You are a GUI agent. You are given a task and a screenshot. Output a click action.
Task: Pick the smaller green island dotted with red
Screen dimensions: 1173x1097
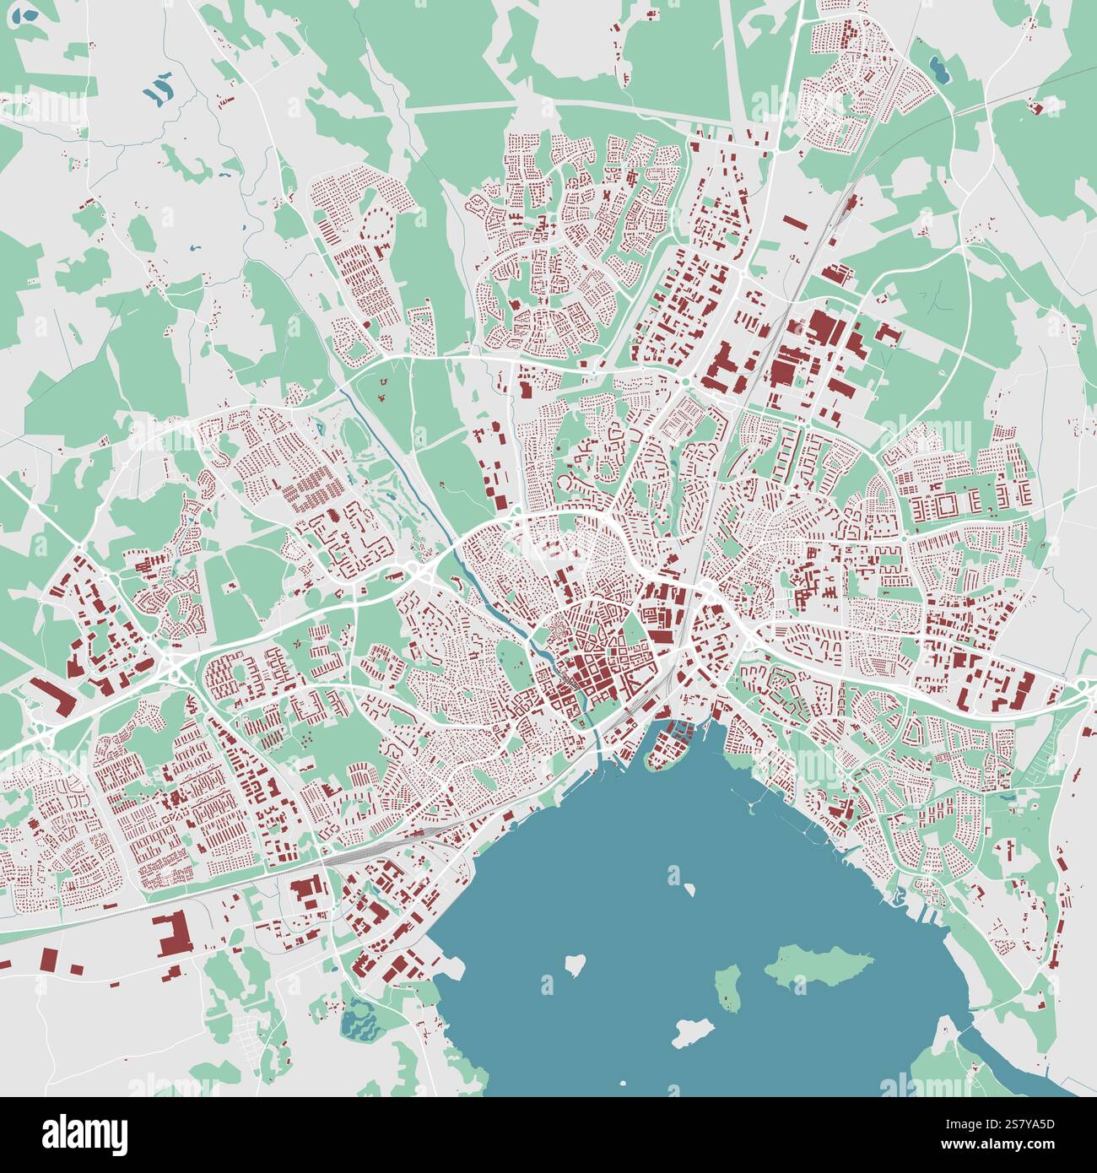tap(727, 988)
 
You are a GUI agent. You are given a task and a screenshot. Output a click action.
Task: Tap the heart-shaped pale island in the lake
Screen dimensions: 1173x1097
tap(576, 962)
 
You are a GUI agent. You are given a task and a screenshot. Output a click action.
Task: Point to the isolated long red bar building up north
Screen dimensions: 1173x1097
tap(794, 224)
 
